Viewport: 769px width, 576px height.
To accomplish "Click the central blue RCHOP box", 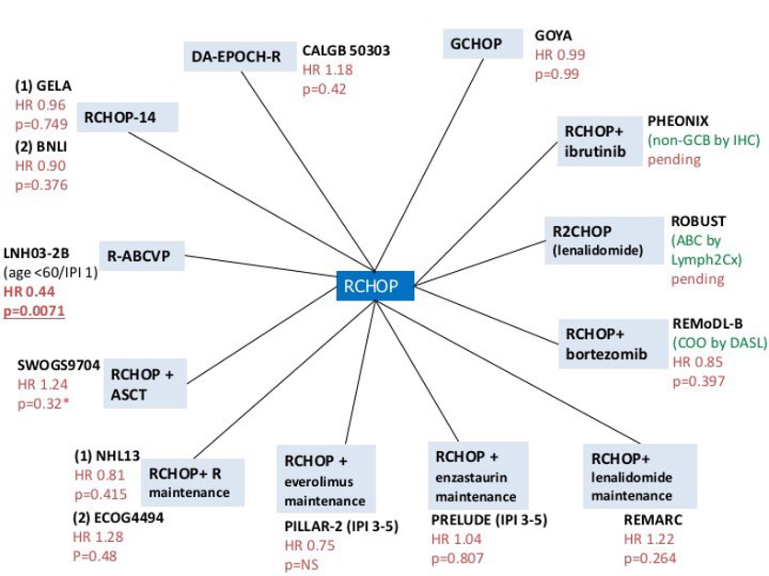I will [374, 286].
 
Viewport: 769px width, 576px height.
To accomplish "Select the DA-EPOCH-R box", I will [236, 57].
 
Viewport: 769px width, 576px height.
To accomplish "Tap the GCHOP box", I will [475, 42].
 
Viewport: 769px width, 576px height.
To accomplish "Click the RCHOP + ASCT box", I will [148, 382].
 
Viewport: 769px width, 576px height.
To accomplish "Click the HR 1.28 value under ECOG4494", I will [97, 536].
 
